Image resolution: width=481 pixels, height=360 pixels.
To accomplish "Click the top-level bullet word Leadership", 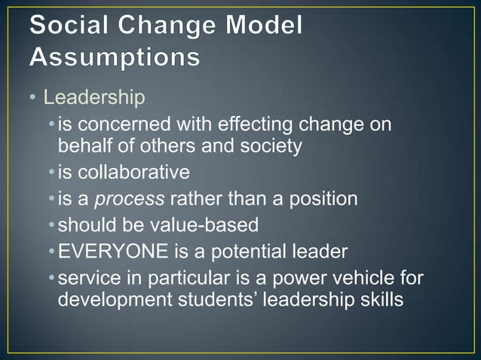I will tap(93, 98).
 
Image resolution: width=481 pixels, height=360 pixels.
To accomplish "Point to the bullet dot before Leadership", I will tap(34, 99).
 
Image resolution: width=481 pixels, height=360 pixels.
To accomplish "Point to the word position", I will tap(319, 200).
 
